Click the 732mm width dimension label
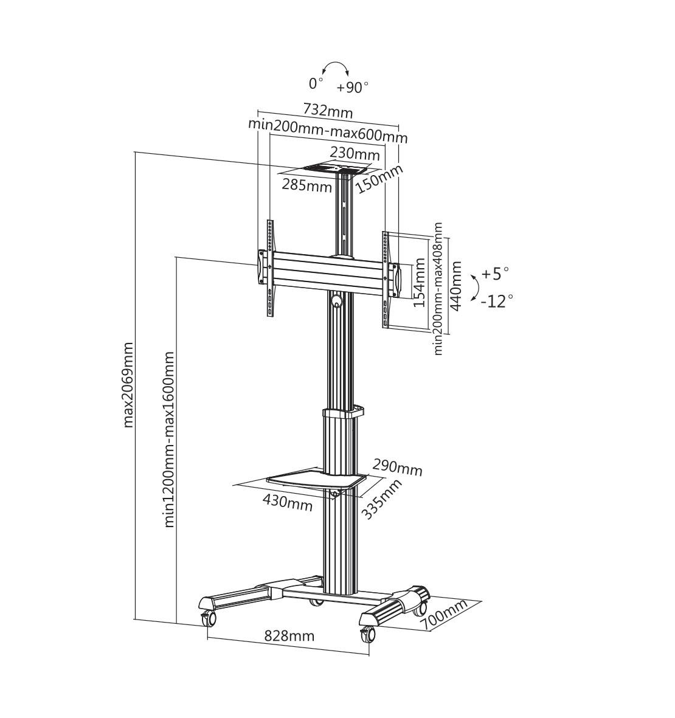(328, 111)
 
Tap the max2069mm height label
(128, 385)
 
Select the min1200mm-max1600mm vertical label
(169, 439)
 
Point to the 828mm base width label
(289, 635)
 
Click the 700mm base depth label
(445, 615)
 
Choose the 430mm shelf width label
(288, 504)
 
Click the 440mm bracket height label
(456, 286)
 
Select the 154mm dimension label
(419, 283)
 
